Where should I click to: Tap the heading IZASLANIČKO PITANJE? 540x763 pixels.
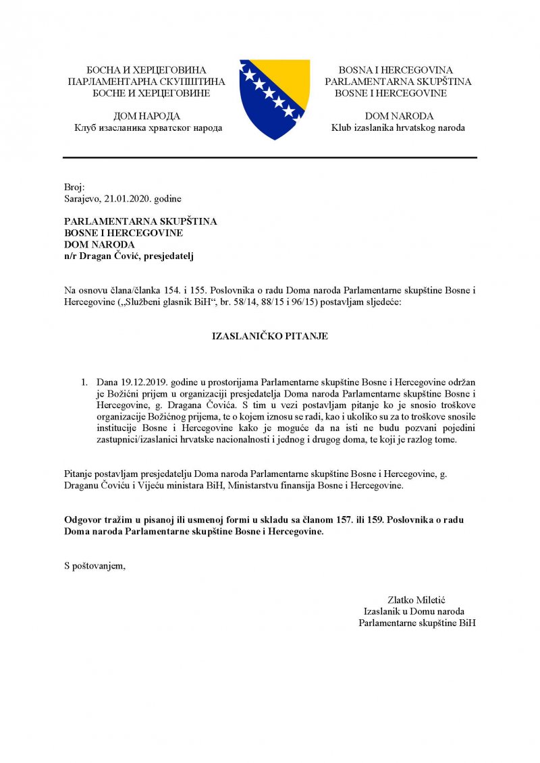270,336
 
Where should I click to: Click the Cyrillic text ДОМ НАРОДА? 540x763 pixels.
147,116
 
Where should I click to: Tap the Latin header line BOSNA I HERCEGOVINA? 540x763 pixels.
396,70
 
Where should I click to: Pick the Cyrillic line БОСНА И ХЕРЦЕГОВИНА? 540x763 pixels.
146,70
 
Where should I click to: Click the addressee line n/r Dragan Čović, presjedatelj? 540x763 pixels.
128,256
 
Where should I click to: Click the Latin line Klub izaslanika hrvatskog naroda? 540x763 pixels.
398,128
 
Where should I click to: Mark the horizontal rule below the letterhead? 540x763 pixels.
270,158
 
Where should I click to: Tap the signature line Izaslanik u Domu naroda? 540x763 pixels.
413,611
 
